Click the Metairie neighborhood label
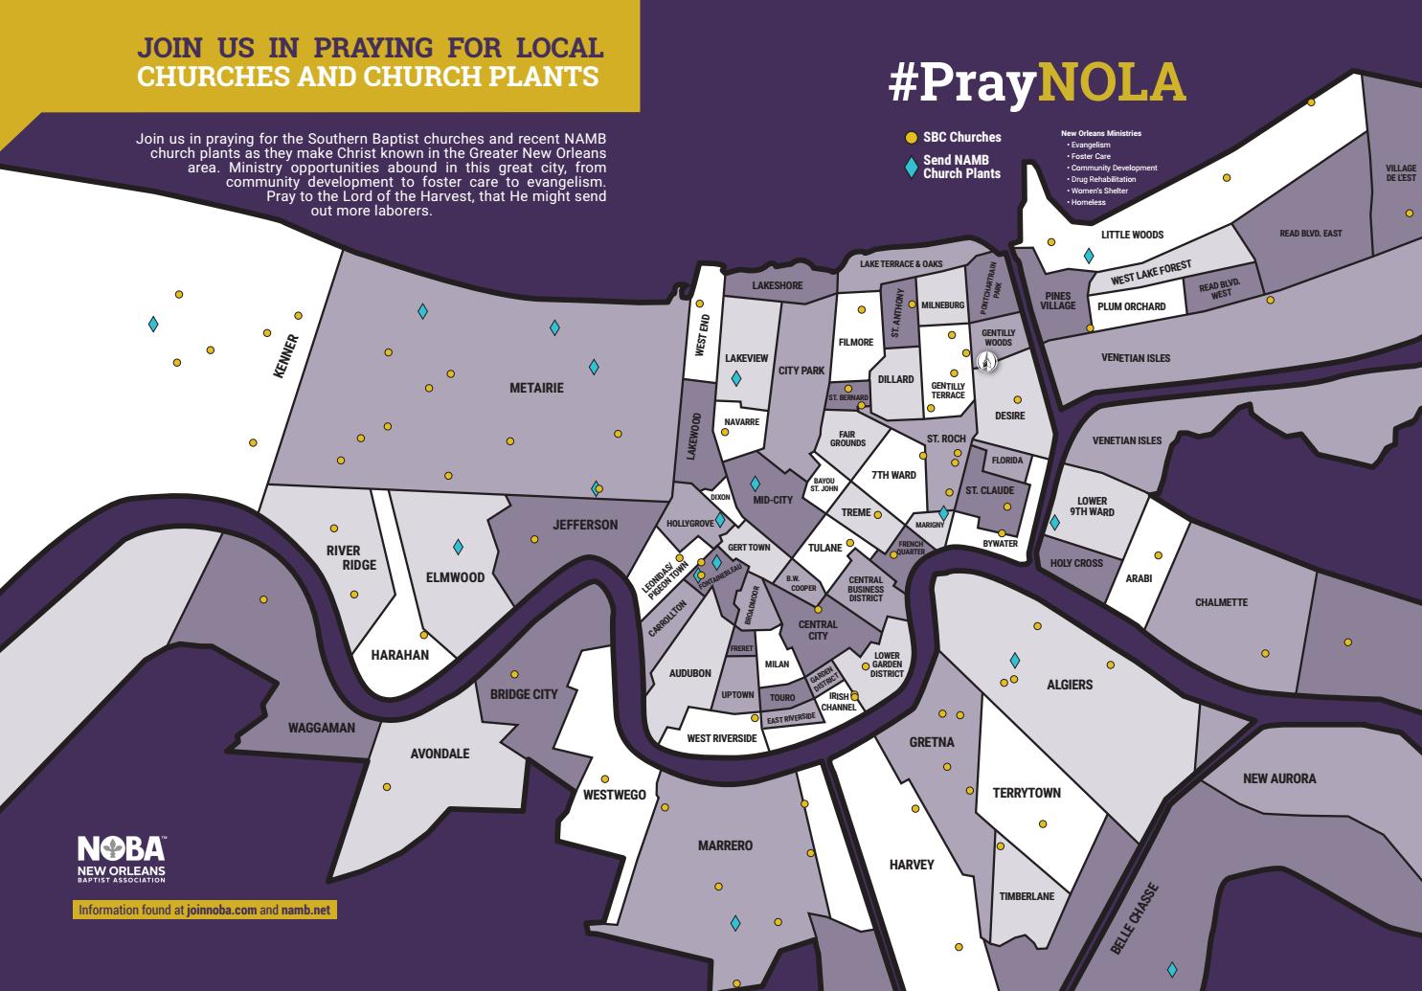536,388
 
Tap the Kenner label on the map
285,355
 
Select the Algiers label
1070,685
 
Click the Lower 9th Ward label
1092,507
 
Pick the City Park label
801,371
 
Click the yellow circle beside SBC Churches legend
912,138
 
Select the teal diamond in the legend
912,168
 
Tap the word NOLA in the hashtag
1112,83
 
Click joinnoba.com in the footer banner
222,910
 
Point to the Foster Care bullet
1091,156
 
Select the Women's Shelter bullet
1099,191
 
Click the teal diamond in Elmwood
458,547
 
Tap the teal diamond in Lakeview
735,379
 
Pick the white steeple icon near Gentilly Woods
987,361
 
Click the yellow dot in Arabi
1158,555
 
